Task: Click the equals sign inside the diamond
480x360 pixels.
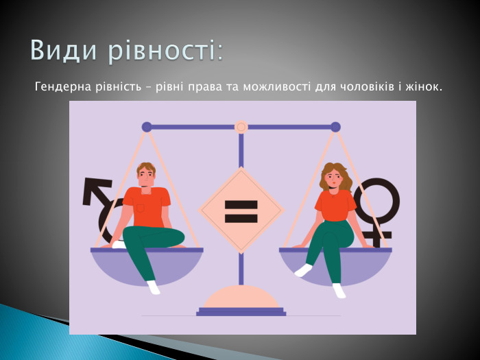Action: pos(241,211)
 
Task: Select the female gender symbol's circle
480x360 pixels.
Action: pos(376,201)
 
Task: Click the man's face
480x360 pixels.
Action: pos(145,177)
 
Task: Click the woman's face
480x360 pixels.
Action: pos(331,178)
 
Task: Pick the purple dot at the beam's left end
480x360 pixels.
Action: pos(147,127)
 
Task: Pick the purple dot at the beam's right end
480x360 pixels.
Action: pos(335,127)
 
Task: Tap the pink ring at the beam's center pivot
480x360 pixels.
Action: pos(241,127)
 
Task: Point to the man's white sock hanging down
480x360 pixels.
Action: pos(154,287)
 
